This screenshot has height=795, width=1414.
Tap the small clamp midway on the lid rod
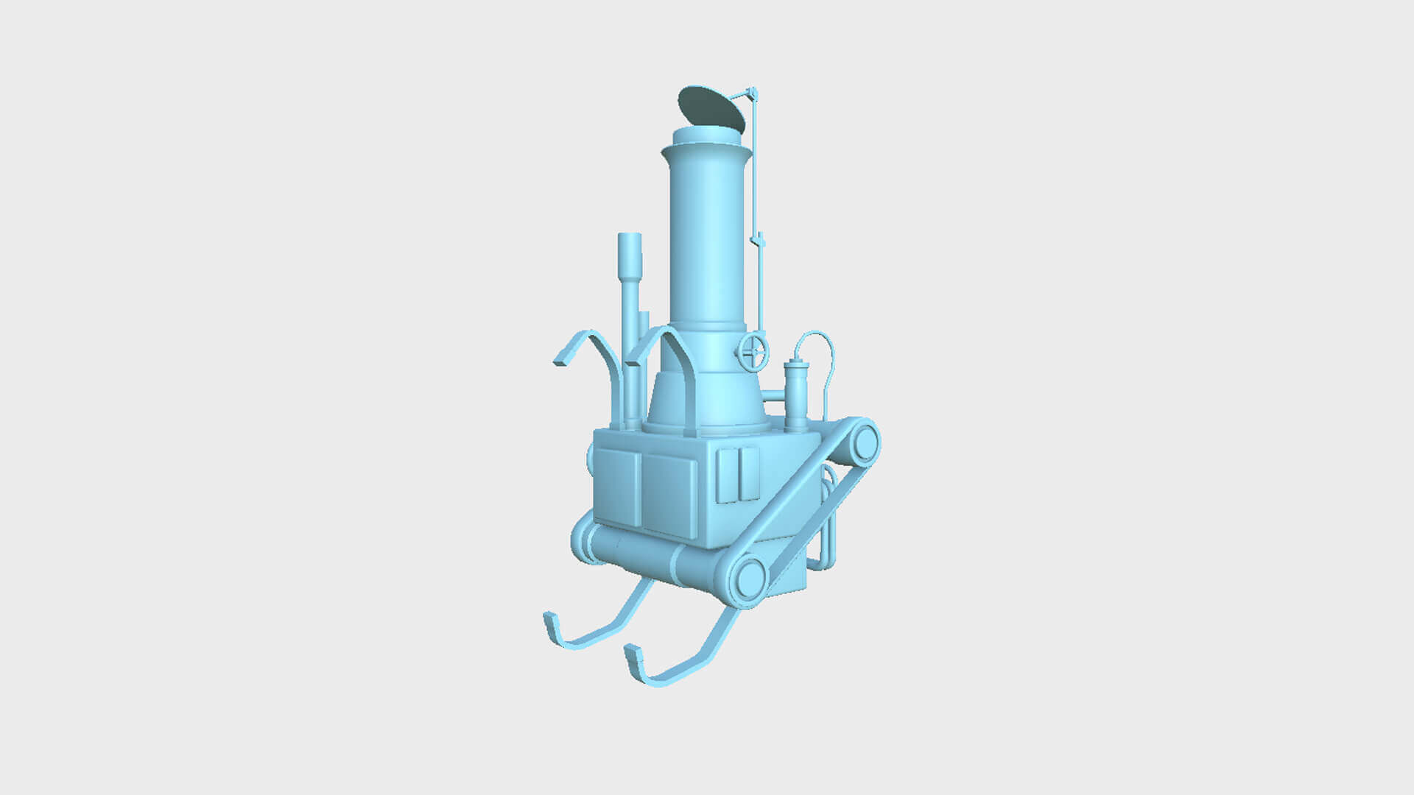coord(758,240)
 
